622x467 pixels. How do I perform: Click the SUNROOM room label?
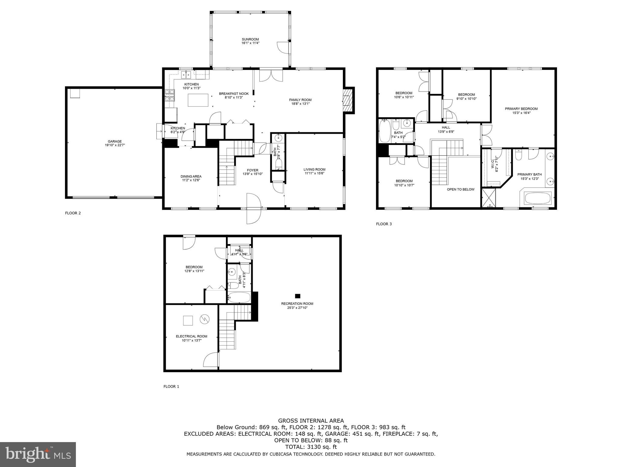(250, 39)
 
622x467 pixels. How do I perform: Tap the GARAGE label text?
(115, 141)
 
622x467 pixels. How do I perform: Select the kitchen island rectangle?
(198, 100)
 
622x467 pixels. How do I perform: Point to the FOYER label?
(252, 170)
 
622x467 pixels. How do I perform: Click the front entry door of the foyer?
(254, 209)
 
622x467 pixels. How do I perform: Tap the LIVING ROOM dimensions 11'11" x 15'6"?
(314, 173)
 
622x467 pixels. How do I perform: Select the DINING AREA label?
(191, 176)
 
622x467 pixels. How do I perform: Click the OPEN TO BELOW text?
(460, 189)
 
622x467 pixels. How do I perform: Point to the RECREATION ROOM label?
(297, 303)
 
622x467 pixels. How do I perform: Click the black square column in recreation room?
(298, 296)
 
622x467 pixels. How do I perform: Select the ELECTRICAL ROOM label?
(191, 336)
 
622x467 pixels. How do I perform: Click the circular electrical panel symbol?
(204, 319)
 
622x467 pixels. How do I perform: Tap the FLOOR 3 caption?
(384, 224)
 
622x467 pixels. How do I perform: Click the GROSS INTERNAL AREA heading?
(311, 421)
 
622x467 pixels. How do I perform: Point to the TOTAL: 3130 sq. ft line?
(311, 447)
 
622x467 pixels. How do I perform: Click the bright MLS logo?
(38, 454)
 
